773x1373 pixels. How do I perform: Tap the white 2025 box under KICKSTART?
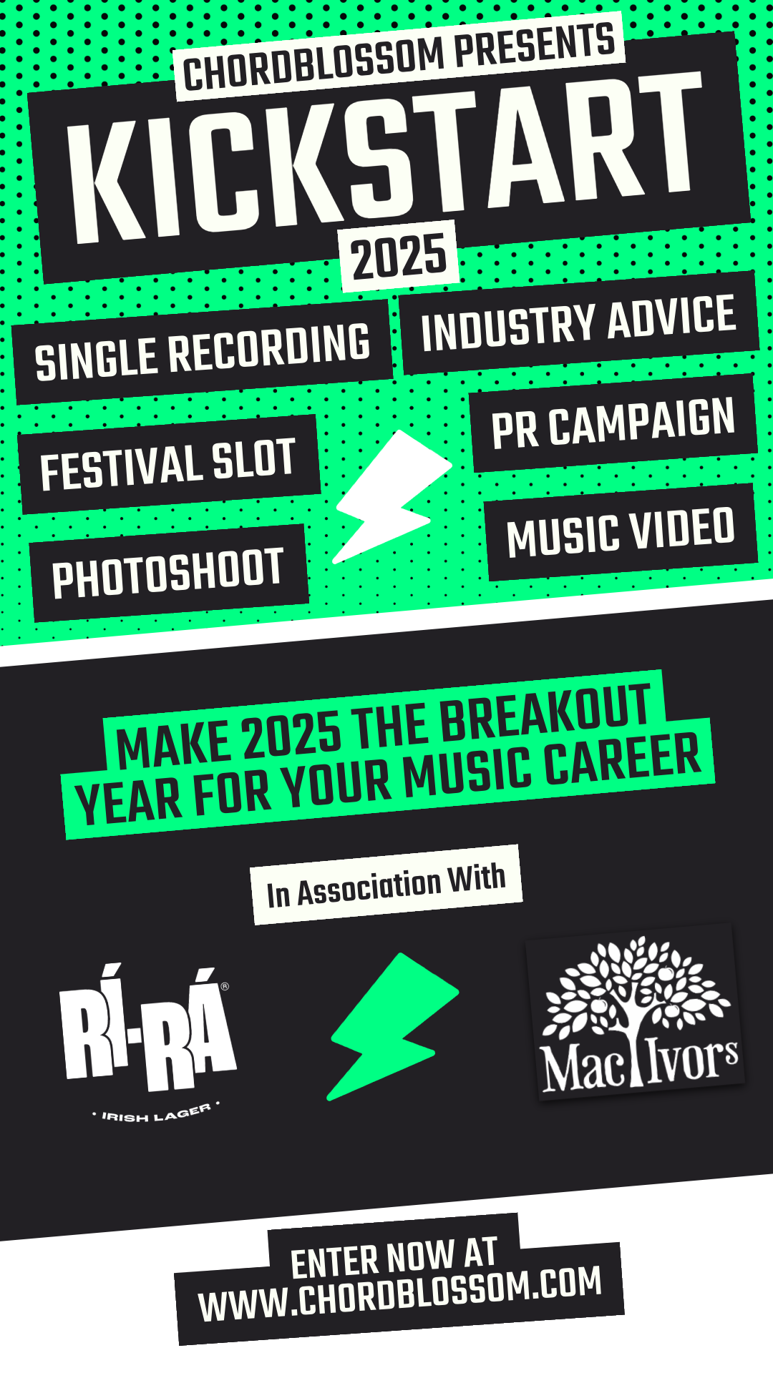tap(399, 256)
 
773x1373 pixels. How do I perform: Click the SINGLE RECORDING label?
tap(203, 351)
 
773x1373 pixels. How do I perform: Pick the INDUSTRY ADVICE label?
tap(578, 324)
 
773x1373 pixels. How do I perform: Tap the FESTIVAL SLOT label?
tap(168, 464)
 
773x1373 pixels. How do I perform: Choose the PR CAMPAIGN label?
tap(613, 423)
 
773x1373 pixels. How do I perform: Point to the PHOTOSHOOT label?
tap(168, 572)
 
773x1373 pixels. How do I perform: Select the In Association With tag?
tap(386, 885)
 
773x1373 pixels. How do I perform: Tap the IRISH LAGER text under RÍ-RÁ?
tap(155, 1113)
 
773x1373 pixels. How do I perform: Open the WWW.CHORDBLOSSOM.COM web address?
tap(399, 1294)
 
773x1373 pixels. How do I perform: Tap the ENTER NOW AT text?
tap(394, 1256)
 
